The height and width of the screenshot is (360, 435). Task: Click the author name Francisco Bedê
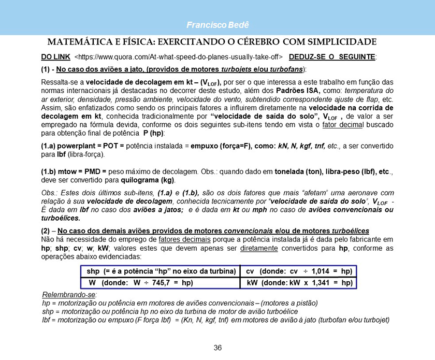coord(217,25)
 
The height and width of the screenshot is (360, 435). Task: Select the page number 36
coord(218,348)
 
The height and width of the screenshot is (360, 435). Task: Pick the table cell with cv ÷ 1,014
coord(299,272)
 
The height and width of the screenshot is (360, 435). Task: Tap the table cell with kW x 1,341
coord(299,283)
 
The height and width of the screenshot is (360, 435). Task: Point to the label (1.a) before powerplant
coord(50,146)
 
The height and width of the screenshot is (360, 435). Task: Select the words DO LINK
coord(55,56)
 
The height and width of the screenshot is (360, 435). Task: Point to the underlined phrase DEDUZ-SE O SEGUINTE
coord(333,56)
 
